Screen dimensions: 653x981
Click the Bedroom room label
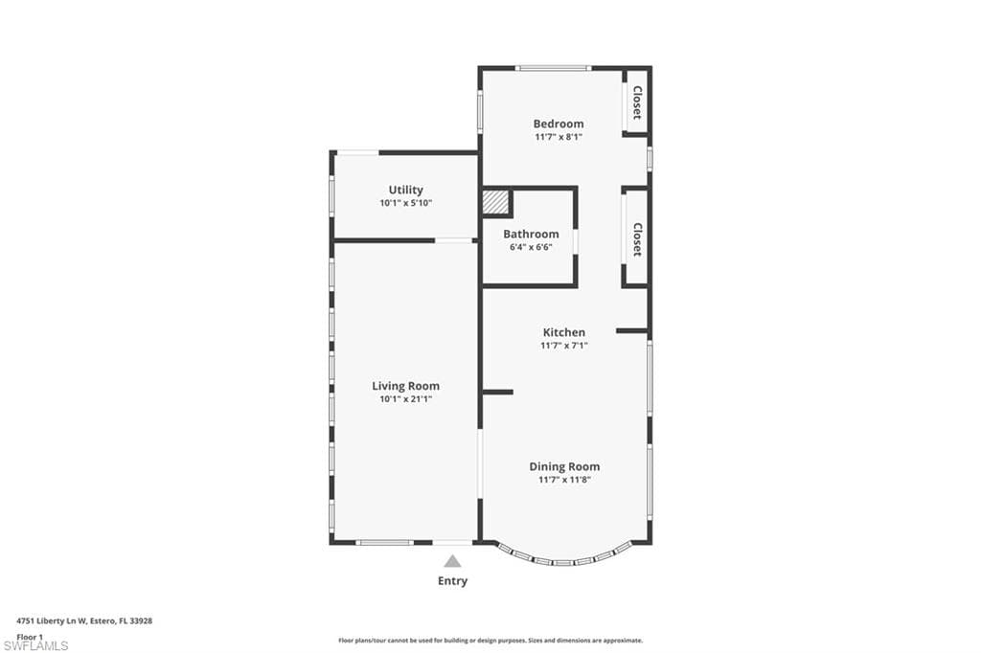click(x=559, y=124)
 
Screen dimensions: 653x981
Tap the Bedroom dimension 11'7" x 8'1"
click(x=559, y=137)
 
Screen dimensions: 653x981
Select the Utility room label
click(x=405, y=190)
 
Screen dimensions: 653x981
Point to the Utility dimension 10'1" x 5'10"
click(x=405, y=203)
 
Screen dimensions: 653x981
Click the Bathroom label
click(x=531, y=234)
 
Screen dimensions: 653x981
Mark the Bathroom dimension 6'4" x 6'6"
click(x=531, y=247)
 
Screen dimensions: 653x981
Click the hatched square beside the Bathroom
click(x=494, y=203)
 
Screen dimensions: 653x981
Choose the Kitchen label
click(x=564, y=332)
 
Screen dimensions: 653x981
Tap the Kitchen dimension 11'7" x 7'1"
click(x=564, y=346)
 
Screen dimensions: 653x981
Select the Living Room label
click(x=405, y=386)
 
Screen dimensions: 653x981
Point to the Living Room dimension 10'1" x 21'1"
click(x=405, y=399)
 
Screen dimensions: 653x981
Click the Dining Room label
click(x=564, y=466)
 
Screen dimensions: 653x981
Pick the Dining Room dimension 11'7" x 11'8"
click(x=564, y=480)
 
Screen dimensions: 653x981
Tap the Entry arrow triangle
click(x=452, y=561)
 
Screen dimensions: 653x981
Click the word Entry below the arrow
click(x=452, y=580)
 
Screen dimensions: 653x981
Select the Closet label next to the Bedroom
click(x=636, y=102)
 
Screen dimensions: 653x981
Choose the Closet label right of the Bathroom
click(x=636, y=239)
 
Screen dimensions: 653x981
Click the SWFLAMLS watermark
click(x=35, y=645)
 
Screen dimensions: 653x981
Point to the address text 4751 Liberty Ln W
click(x=54, y=621)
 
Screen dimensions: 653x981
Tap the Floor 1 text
click(x=30, y=636)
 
